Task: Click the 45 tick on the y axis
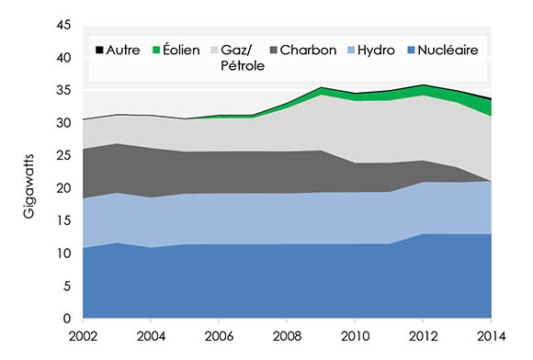(64, 26)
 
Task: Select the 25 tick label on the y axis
(64, 156)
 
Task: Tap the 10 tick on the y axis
(64, 253)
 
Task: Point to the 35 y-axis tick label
(64, 91)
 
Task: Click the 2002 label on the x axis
(84, 335)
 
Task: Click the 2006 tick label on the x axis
(218, 335)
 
